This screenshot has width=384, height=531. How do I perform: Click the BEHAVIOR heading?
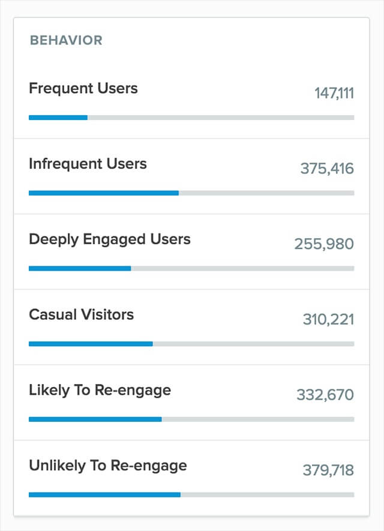click(66, 41)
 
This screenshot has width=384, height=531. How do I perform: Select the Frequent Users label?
click(83, 88)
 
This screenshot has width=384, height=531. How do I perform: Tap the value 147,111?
click(334, 93)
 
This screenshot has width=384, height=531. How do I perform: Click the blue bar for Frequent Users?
click(58, 118)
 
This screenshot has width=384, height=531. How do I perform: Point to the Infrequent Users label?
click(88, 164)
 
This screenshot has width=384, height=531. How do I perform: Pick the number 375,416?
click(327, 169)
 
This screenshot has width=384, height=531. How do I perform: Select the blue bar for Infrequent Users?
click(103, 193)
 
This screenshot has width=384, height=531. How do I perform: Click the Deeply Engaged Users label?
click(110, 239)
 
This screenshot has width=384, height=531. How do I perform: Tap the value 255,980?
click(324, 244)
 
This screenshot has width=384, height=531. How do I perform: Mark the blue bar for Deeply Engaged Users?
click(80, 268)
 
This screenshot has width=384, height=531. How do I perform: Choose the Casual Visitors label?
click(81, 314)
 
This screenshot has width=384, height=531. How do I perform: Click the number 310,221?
click(328, 320)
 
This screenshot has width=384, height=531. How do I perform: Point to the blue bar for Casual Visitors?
click(91, 344)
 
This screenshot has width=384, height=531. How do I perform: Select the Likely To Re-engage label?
click(100, 390)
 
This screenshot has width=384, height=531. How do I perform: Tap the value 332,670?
click(325, 395)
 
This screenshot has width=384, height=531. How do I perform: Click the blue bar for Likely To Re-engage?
click(95, 419)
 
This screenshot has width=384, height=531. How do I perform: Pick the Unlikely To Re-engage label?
click(108, 465)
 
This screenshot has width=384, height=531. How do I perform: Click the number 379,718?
click(328, 470)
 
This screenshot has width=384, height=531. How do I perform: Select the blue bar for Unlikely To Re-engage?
click(104, 494)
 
